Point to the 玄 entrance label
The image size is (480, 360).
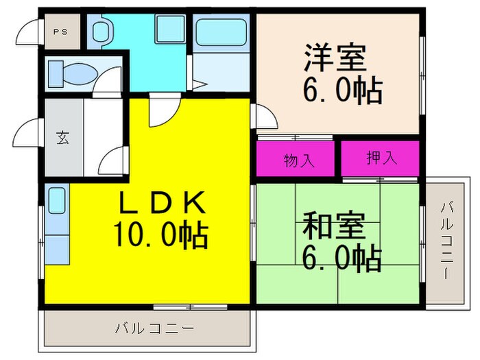tap(62, 137)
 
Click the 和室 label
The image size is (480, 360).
tap(335, 225)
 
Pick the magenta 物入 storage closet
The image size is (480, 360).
tap(298, 160)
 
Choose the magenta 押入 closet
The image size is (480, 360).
tap(380, 158)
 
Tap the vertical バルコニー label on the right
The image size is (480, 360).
tap(446, 240)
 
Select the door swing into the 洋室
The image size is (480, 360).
tap(265, 117)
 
